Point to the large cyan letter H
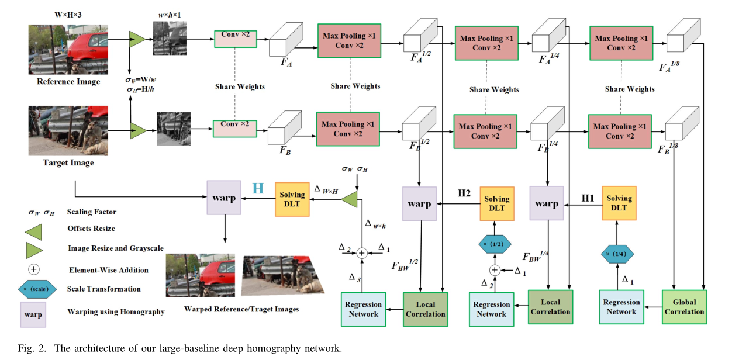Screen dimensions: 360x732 pos(258,188)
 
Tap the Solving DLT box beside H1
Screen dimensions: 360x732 pos(619,203)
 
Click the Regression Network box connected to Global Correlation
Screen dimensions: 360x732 pos(621,307)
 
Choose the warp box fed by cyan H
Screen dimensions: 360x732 pos(224,198)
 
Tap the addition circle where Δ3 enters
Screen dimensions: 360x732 pos(361,252)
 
